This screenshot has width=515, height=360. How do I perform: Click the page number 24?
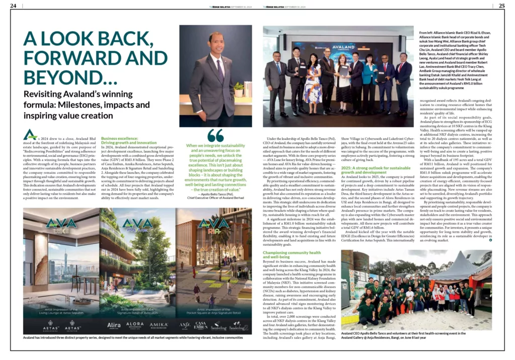(13, 6)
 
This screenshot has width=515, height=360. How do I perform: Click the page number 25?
(501, 6)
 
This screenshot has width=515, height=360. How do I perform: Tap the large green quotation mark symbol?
(215, 136)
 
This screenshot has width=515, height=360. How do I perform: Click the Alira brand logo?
(114, 325)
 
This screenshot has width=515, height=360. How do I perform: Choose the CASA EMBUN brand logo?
(201, 325)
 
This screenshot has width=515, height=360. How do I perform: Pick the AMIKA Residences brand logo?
(158, 325)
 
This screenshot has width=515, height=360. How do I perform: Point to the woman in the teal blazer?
(368, 75)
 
